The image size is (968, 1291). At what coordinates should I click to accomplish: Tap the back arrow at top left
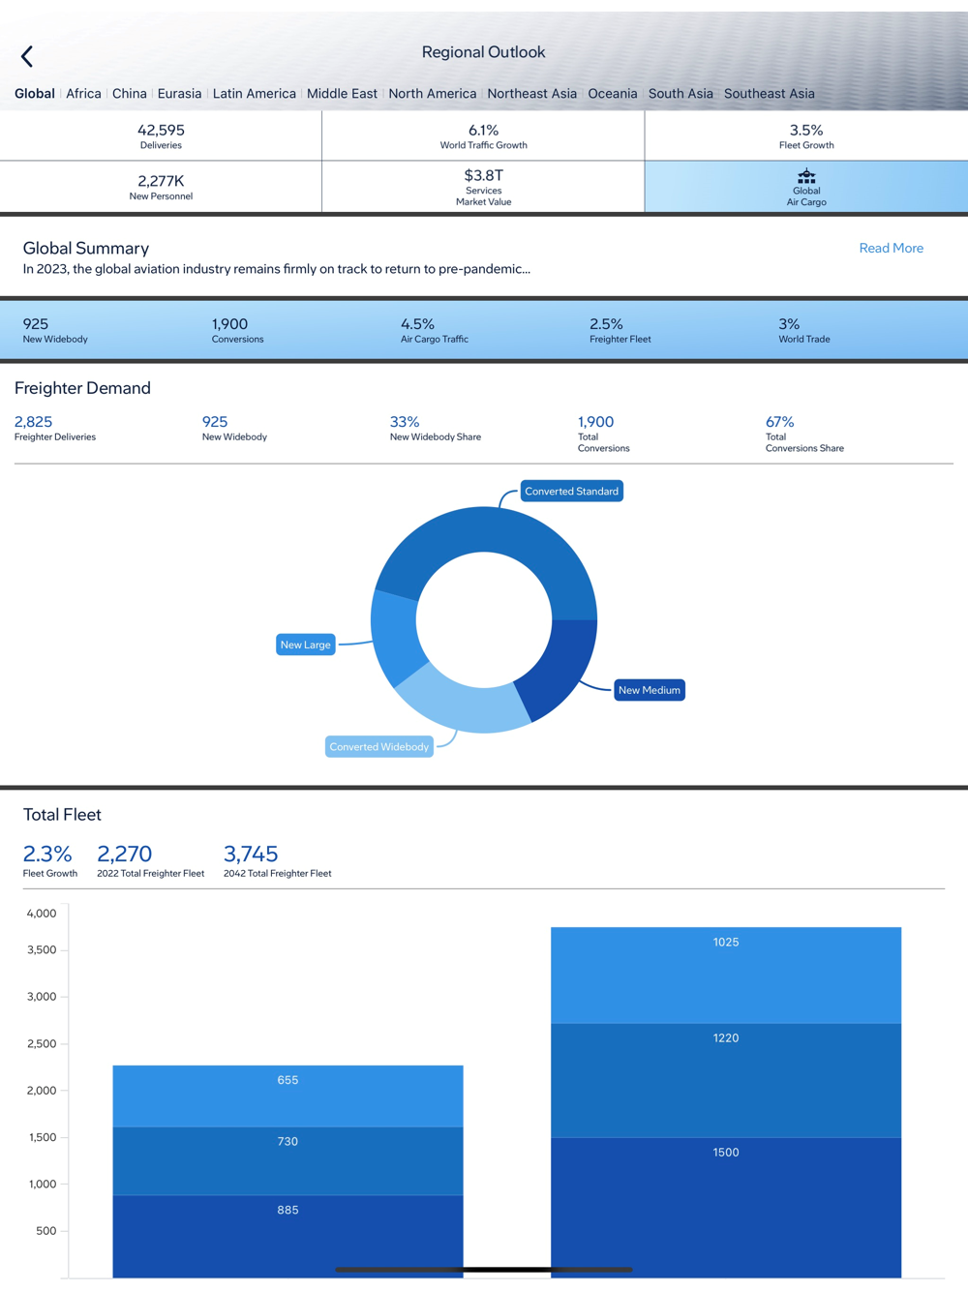click(x=27, y=56)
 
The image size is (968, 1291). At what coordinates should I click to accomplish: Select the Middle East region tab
click(x=342, y=94)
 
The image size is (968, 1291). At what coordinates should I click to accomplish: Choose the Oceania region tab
click(x=612, y=94)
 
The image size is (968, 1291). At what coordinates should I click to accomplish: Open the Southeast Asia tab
click(x=769, y=94)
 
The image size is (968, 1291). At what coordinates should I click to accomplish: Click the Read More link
click(x=891, y=249)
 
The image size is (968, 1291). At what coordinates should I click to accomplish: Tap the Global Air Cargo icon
click(x=806, y=176)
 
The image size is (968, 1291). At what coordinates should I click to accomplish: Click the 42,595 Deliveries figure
click(x=161, y=131)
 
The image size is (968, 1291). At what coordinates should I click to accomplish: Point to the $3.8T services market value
click(x=483, y=175)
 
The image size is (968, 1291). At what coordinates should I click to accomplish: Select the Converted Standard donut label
click(x=571, y=492)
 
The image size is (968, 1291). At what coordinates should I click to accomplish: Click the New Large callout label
click(x=305, y=645)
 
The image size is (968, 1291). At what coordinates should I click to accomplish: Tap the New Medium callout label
click(x=649, y=690)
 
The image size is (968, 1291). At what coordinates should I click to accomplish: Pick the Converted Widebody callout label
click(x=378, y=747)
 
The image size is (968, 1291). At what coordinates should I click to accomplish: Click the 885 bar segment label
click(x=287, y=1210)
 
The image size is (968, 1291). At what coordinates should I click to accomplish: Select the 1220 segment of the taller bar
click(x=726, y=1038)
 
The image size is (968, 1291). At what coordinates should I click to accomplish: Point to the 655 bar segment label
click(x=287, y=1080)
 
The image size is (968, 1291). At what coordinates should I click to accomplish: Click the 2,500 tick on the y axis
click(x=42, y=1044)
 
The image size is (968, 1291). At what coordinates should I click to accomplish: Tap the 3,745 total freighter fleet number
click(x=251, y=854)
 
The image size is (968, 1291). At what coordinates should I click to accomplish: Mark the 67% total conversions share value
click(x=779, y=422)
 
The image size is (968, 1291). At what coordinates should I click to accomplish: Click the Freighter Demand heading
click(x=82, y=388)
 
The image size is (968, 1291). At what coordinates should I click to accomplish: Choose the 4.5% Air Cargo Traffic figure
click(x=417, y=324)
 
